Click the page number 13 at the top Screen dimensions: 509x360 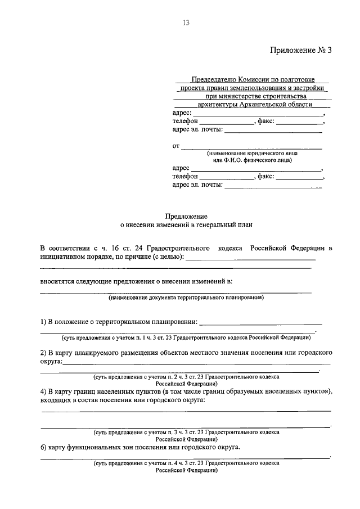(186, 22)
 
